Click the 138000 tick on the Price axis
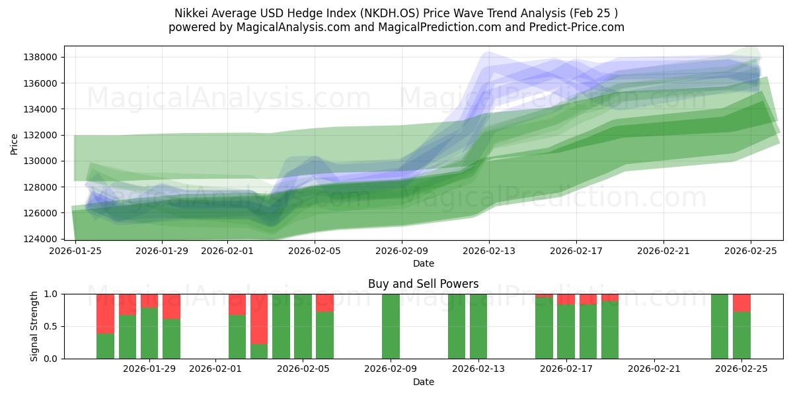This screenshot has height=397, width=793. (x=41, y=57)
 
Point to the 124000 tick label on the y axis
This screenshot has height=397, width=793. (x=41, y=239)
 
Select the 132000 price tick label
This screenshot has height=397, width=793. (x=41, y=135)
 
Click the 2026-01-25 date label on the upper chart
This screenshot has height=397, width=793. (x=75, y=251)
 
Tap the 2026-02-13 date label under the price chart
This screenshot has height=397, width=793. (x=489, y=251)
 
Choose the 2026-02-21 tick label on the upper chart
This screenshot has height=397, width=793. (x=663, y=251)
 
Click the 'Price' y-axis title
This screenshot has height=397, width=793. (x=15, y=144)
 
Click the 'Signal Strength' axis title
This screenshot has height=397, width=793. (x=34, y=326)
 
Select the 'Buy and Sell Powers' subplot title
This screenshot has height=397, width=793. (x=423, y=285)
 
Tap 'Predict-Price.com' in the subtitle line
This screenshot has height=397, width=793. (x=581, y=27)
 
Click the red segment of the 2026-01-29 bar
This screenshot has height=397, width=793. (x=149, y=300)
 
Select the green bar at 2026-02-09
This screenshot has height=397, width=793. (x=391, y=326)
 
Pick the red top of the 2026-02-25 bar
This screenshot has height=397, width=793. (x=741, y=302)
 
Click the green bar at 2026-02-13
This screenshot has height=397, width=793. (x=478, y=326)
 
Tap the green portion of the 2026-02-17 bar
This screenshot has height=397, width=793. (x=566, y=331)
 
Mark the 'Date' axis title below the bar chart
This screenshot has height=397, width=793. (x=423, y=382)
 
